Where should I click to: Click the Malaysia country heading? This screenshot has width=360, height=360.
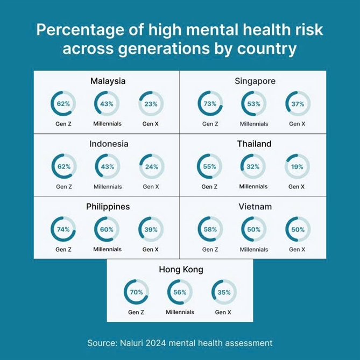click(108, 81)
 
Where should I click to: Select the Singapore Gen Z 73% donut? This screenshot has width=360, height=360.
click(210, 104)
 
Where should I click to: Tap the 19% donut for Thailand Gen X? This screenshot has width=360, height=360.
click(297, 166)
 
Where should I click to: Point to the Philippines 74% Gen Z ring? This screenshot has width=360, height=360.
click(63, 229)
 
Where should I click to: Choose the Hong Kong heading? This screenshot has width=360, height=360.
click(181, 270)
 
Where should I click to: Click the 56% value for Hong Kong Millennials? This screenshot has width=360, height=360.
click(180, 292)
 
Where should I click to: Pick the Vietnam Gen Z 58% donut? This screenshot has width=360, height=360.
click(210, 229)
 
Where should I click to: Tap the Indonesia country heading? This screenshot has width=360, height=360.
click(109, 144)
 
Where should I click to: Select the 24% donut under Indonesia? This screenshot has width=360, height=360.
click(151, 166)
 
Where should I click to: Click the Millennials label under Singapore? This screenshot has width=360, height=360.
click(254, 124)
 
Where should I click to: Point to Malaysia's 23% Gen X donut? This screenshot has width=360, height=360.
click(151, 104)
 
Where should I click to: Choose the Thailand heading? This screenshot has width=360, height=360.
click(254, 144)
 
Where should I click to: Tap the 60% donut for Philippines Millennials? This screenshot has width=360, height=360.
click(107, 229)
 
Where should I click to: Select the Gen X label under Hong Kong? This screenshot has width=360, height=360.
click(223, 312)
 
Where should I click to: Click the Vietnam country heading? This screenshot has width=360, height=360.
click(254, 207)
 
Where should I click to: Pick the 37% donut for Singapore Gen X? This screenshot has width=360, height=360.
click(298, 104)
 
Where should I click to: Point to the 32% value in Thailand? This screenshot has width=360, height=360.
click(253, 166)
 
